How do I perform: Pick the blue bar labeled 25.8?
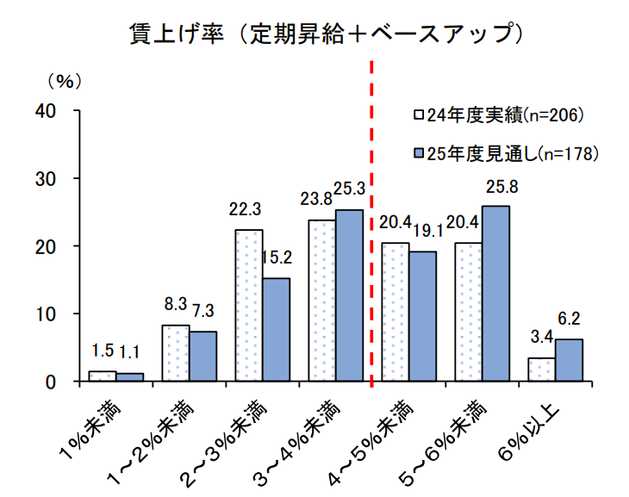495,294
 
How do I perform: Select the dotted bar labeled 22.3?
249,306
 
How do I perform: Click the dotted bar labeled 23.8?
322,301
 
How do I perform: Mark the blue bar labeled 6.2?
569,360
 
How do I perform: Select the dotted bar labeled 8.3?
176,353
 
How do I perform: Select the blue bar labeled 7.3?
202,357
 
